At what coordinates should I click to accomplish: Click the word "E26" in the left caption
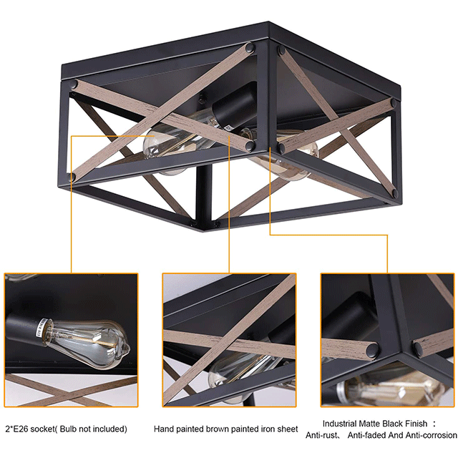20,429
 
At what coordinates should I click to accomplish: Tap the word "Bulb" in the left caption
68,429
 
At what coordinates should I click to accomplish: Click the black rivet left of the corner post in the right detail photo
373,349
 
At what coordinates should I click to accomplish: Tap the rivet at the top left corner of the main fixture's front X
74,84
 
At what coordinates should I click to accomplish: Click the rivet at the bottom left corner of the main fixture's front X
72,177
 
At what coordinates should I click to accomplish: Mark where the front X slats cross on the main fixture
160,114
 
